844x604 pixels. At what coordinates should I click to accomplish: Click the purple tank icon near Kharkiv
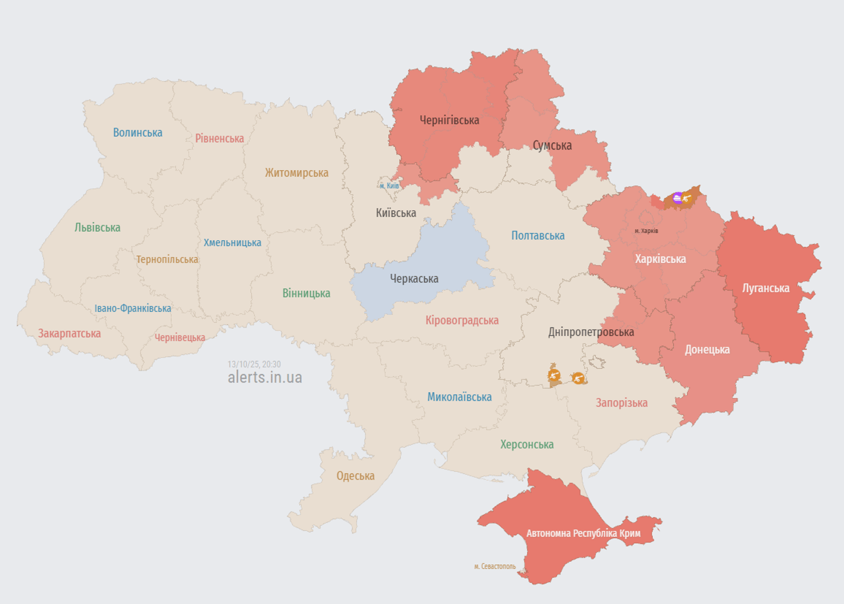coord(678,198)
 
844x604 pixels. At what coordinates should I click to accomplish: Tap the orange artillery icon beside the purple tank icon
coord(687,197)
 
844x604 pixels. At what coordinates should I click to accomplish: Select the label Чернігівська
coord(449,120)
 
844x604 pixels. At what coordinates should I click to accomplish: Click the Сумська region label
coord(552,145)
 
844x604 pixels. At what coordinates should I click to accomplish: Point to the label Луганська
coord(766,288)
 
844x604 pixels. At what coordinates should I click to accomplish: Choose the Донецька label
coord(707,349)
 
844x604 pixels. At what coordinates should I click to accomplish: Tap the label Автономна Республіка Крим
coord(583,533)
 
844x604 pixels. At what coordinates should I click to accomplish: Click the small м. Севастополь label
coord(495,567)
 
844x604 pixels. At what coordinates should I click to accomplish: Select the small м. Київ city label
coord(389,186)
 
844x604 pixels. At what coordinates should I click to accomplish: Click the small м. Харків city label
coord(646,231)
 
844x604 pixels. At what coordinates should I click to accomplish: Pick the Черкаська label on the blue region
coord(414,279)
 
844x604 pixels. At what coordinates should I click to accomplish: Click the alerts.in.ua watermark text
coord(265,377)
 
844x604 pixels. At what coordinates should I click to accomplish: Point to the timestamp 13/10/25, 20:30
coord(254,364)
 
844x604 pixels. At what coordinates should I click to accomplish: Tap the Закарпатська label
coord(69,334)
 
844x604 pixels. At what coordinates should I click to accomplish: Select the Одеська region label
coord(355,475)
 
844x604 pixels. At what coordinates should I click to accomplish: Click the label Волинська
coord(137,133)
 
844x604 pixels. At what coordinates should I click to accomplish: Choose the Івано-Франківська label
coord(133,308)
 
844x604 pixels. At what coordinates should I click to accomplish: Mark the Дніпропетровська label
coord(591,332)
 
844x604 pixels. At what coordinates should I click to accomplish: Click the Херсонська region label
coord(527,445)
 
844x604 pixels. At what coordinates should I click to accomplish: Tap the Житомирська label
coord(297,173)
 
